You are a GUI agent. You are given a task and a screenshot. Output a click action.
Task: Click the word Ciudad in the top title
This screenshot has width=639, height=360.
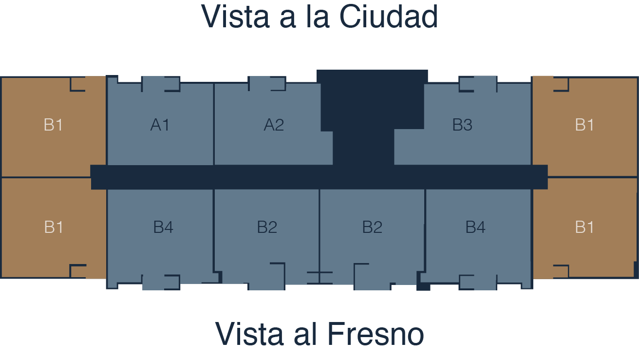pyautogui.click(x=389, y=17)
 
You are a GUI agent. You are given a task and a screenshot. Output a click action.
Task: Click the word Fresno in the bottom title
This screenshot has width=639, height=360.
pyautogui.click(x=376, y=334)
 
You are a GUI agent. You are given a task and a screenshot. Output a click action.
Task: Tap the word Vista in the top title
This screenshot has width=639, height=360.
pyautogui.click(x=235, y=17)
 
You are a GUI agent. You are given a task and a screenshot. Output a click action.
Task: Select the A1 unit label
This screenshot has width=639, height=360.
pyautogui.click(x=160, y=125)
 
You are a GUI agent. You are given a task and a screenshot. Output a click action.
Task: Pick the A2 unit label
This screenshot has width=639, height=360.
pyautogui.click(x=274, y=125)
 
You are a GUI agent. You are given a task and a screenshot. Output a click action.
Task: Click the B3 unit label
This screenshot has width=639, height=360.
pyautogui.click(x=462, y=125)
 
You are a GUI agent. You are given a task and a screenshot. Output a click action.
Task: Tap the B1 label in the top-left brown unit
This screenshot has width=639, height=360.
pyautogui.click(x=54, y=125)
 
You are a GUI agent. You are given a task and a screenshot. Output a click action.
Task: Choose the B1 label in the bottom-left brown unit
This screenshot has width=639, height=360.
pyautogui.click(x=54, y=227)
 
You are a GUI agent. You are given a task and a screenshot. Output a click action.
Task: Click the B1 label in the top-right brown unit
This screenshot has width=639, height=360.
pyautogui.click(x=584, y=125)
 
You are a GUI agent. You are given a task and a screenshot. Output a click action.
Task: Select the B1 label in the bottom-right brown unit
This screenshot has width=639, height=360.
pyautogui.click(x=584, y=227)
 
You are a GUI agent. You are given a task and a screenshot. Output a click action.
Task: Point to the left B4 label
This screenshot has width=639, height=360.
pyautogui.click(x=163, y=227)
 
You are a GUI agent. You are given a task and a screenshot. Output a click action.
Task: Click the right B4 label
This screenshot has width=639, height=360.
pyautogui.click(x=475, y=227)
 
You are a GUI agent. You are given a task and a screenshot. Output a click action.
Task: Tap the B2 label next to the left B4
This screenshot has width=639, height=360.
pyautogui.click(x=267, y=227)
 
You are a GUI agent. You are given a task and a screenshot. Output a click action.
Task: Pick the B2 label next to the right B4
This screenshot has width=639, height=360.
pyautogui.click(x=372, y=227)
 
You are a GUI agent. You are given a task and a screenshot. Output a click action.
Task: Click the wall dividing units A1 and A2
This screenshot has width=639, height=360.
pyautogui.click(x=214, y=124)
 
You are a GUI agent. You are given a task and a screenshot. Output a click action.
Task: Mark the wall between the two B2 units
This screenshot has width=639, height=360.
pyautogui.click(x=319, y=236)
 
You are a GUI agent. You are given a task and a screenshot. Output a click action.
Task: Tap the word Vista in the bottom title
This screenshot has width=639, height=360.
pyautogui.click(x=249, y=334)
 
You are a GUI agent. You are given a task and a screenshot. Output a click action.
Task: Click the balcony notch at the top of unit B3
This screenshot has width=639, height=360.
pyautogui.click(x=478, y=84)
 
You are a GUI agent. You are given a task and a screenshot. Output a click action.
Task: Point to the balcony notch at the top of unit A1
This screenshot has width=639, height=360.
pyautogui.click(x=161, y=84)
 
